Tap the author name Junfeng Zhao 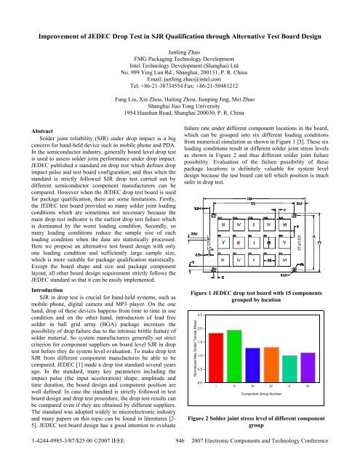(180, 44)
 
